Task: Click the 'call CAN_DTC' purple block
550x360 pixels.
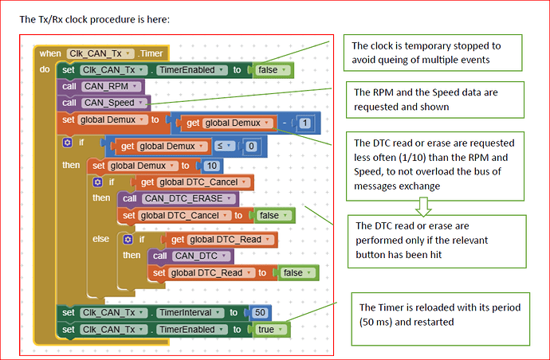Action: point(180,256)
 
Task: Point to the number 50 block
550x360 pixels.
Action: point(260,312)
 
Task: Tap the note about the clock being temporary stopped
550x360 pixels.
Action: point(432,53)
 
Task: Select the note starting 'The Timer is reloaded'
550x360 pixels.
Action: point(440,316)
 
